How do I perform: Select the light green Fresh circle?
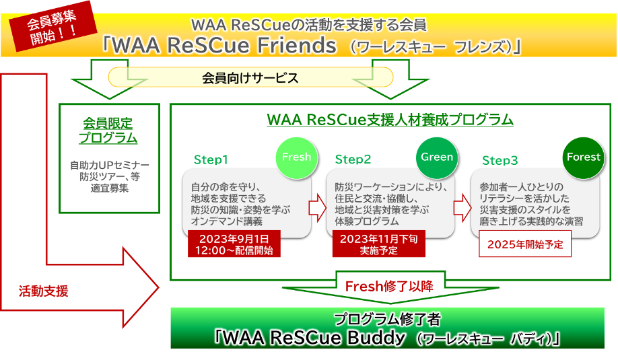pyautogui.click(x=296, y=157)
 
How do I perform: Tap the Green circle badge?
pyautogui.click(x=437, y=157)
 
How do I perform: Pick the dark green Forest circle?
pyautogui.click(x=583, y=157)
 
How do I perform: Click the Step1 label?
pyautogui.click(x=211, y=160)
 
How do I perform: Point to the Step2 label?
pyautogui.click(x=353, y=160)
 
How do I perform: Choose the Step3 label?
pyautogui.click(x=500, y=161)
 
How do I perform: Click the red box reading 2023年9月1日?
pyautogui.click(x=234, y=244)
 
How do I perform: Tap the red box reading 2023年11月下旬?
pyautogui.click(x=378, y=244)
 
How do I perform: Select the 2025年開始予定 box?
pyautogui.click(x=524, y=244)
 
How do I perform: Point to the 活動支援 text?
pyautogui.click(x=44, y=291)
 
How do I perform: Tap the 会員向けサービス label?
pyautogui.click(x=250, y=78)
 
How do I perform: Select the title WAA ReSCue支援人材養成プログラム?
pyautogui.click(x=390, y=120)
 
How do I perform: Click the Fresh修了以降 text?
pyautogui.click(x=384, y=286)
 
